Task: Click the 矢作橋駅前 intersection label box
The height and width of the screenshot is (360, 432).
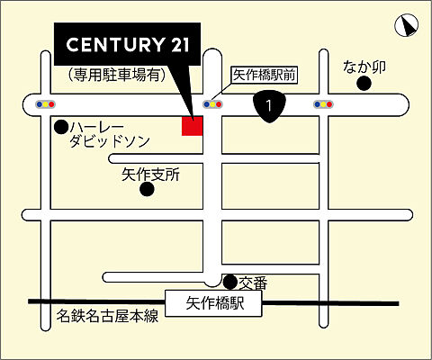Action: tap(264, 76)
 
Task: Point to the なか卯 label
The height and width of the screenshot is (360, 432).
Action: tap(365, 66)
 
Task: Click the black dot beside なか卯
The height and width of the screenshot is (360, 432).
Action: tap(364, 84)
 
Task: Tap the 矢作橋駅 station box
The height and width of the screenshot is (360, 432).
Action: tap(214, 303)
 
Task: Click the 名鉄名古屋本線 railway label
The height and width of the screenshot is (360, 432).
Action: tap(107, 316)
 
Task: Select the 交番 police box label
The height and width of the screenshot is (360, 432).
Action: tap(254, 283)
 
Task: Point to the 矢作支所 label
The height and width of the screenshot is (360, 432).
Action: tap(151, 175)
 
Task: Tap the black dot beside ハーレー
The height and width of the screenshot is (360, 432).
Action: tap(61, 126)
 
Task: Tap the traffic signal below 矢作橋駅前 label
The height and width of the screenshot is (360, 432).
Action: tap(214, 105)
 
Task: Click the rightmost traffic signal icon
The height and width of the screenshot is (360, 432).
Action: tap(322, 105)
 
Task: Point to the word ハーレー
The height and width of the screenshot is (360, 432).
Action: tap(101, 127)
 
